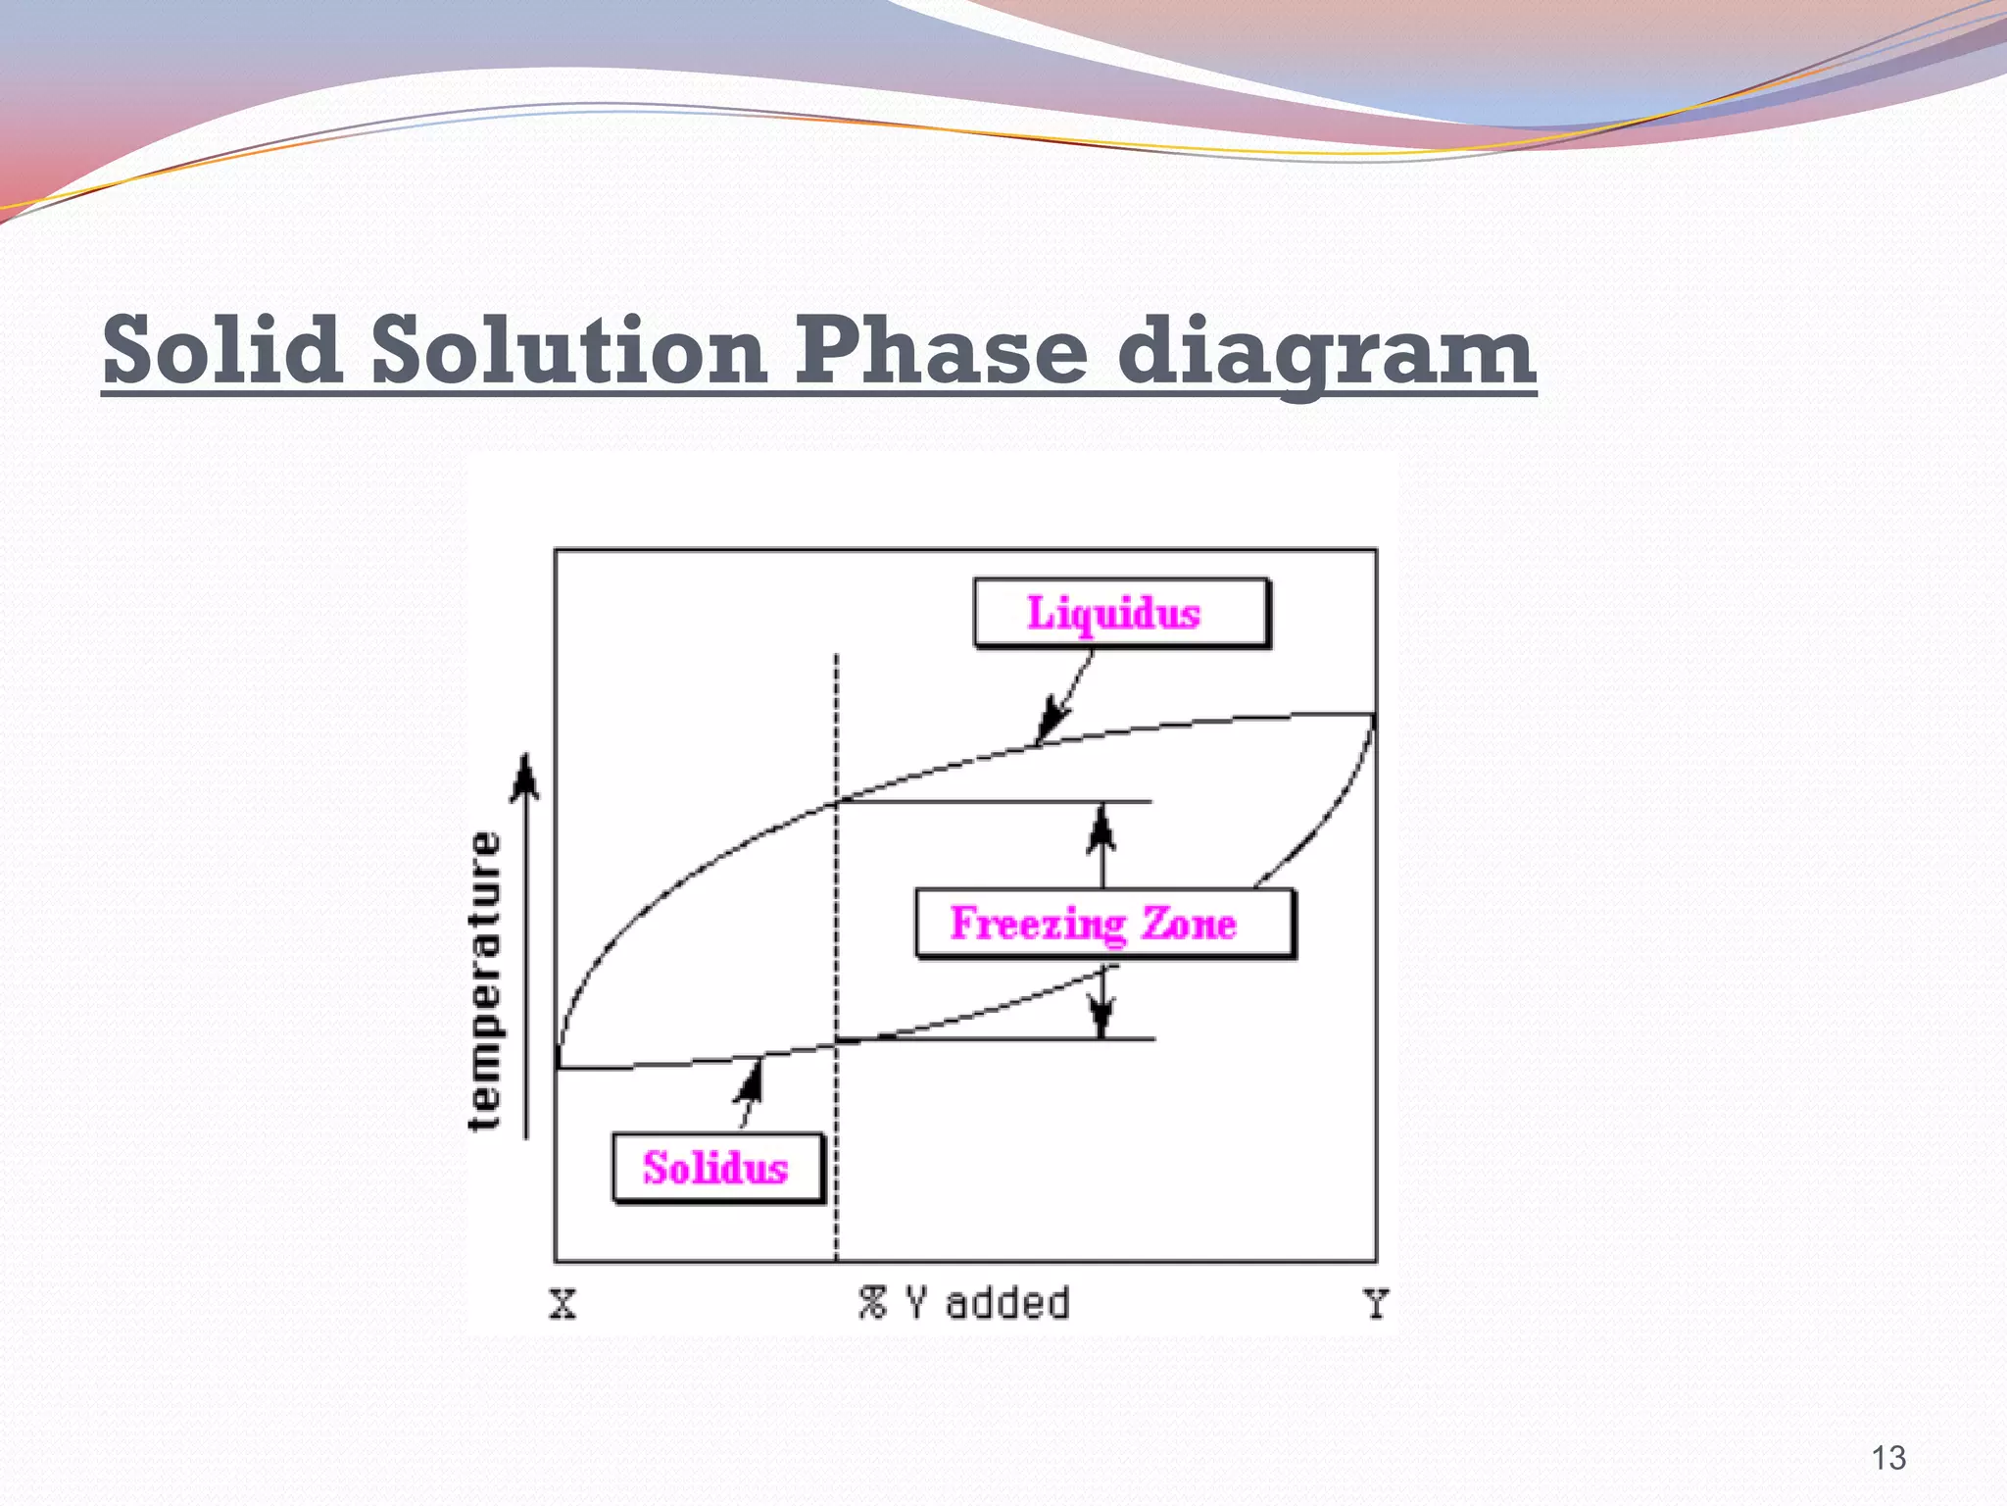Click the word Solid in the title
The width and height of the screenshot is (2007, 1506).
pyautogui.click(x=222, y=351)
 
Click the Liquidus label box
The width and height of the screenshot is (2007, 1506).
pyautogui.click(x=1121, y=614)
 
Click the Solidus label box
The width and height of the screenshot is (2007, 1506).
pyautogui.click(x=717, y=1168)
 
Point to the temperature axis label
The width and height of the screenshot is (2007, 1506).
pyautogui.click(x=485, y=980)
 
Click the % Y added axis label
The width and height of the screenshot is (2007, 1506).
pyautogui.click(x=964, y=1304)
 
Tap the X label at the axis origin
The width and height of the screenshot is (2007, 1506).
pyautogui.click(x=563, y=1305)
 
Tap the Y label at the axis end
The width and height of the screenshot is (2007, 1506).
pyautogui.click(x=1376, y=1305)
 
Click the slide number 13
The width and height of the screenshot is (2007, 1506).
pyautogui.click(x=1887, y=1458)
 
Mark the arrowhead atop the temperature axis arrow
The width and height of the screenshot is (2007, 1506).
pyautogui.click(x=526, y=775)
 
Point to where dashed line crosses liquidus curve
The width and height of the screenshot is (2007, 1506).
pyautogui.click(x=836, y=803)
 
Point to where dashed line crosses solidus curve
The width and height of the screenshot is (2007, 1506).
pyautogui.click(x=836, y=1043)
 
